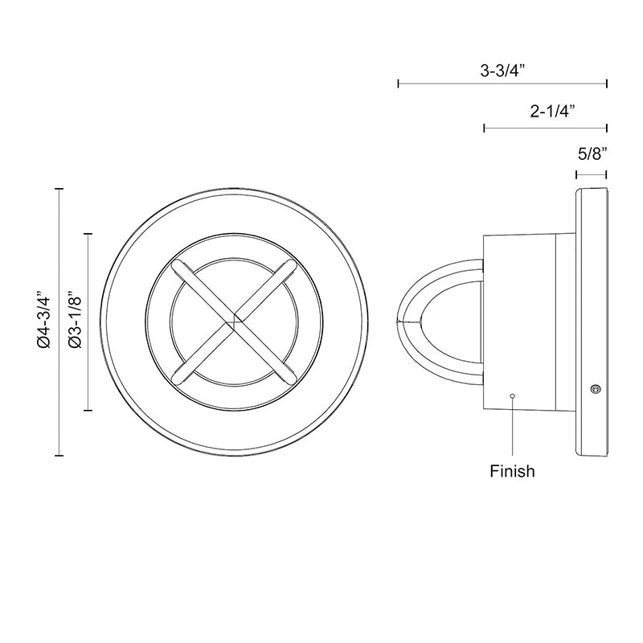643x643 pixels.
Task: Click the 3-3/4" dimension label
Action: [502, 71]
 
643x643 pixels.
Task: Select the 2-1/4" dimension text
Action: [552, 111]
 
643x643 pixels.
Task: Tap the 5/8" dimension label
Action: [592, 154]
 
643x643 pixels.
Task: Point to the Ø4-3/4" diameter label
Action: [44, 320]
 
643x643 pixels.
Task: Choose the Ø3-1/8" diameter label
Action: [76, 320]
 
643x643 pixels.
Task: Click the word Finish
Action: [512, 471]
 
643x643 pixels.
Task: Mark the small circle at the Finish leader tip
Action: [512, 395]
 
